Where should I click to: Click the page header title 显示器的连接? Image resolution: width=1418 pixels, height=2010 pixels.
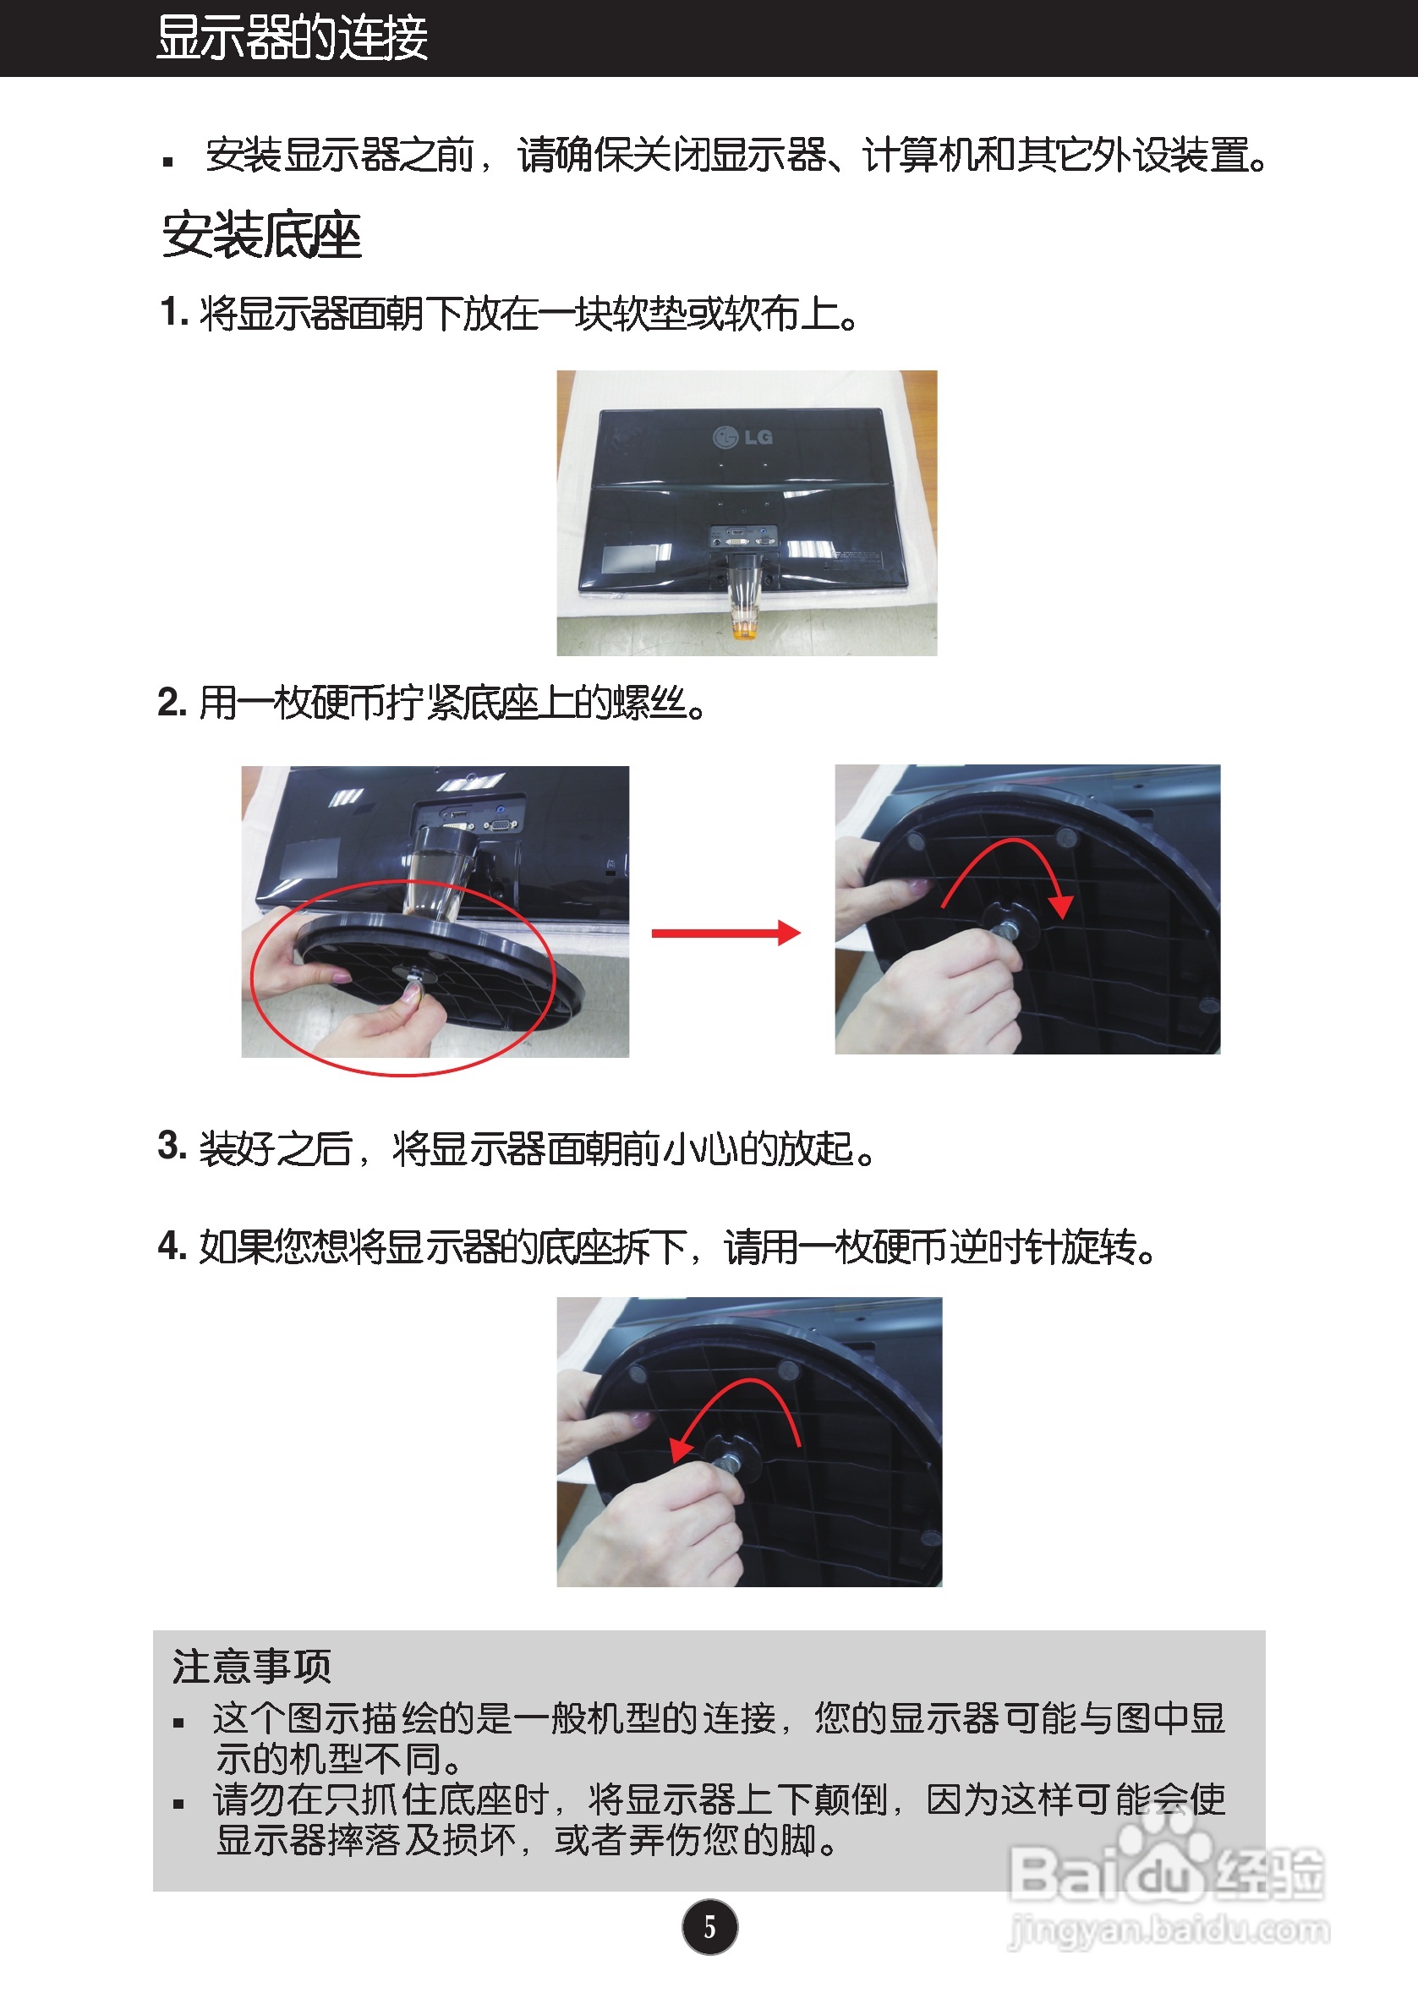click(293, 39)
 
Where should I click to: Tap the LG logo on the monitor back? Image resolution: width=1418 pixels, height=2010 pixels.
click(743, 436)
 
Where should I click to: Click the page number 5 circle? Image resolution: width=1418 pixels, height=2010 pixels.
click(710, 1927)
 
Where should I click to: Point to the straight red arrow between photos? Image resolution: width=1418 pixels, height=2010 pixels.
click(725, 934)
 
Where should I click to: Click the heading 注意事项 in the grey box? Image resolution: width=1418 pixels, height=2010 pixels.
click(252, 1665)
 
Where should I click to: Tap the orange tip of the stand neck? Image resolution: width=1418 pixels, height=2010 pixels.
click(745, 629)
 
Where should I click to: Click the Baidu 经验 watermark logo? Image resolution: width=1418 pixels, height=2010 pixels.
click(1167, 1865)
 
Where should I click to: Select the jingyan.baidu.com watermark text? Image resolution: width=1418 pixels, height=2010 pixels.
click(1169, 1931)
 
